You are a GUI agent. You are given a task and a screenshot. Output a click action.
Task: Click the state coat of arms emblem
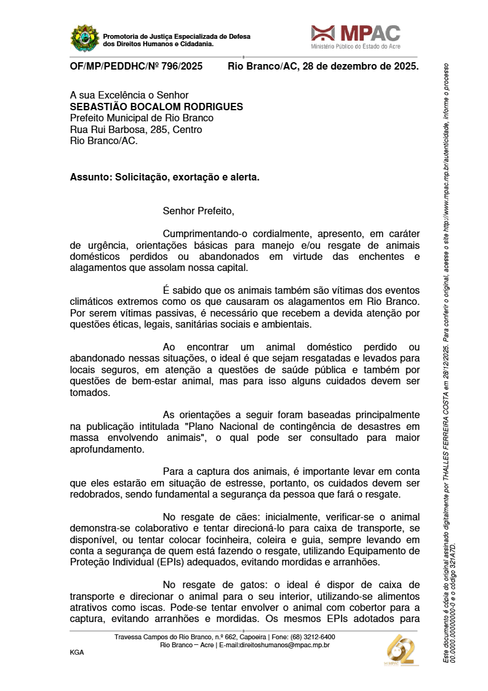pos(85,38)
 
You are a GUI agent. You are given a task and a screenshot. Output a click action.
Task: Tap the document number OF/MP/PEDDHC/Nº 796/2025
pos(136,67)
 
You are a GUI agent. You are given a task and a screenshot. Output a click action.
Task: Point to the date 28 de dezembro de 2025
pos(361,67)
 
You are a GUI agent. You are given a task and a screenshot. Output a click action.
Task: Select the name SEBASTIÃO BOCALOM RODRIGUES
pos(156,107)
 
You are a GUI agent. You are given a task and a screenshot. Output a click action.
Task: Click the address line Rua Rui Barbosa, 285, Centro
pos(136,129)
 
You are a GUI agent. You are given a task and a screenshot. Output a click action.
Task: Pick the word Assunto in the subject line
pos(88,177)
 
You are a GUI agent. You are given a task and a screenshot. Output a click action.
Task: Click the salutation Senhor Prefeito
pos(198,211)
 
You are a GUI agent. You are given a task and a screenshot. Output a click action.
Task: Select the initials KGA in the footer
pos(77,652)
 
